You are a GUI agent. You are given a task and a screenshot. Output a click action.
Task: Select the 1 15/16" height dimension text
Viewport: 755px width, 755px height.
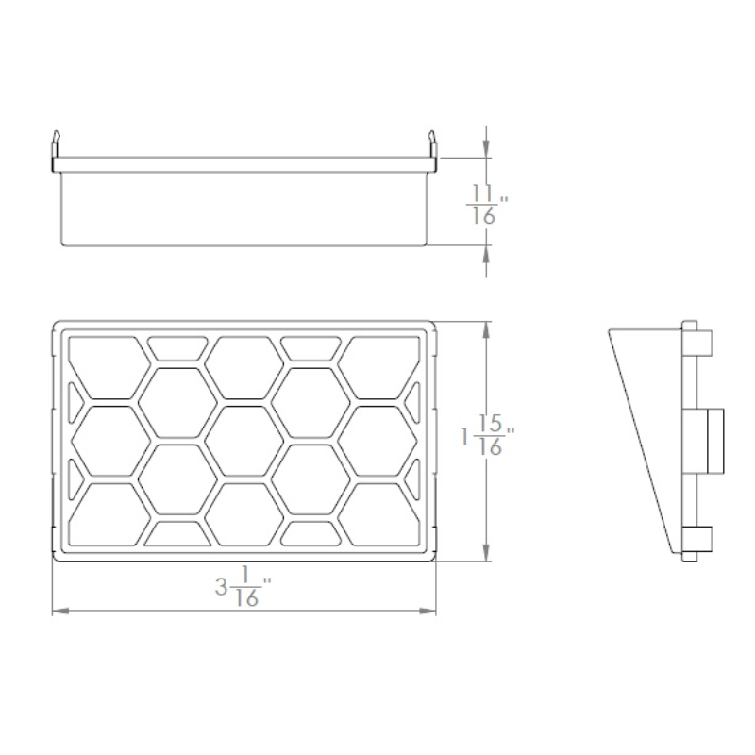tap(488, 435)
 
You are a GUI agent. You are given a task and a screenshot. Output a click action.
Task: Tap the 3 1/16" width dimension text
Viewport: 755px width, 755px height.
tap(243, 586)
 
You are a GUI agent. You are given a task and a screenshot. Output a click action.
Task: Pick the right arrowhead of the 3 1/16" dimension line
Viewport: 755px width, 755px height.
tap(428, 611)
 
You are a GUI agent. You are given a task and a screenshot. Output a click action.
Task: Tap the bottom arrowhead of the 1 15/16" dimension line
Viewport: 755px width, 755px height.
tap(486, 552)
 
